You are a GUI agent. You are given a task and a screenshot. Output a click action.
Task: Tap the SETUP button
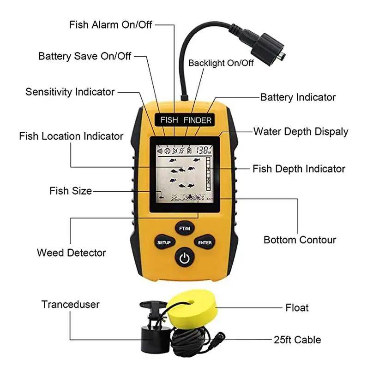point(164,242)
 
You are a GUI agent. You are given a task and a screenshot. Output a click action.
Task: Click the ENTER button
point(205,242)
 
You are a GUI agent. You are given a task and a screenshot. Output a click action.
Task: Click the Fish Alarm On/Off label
point(110,24)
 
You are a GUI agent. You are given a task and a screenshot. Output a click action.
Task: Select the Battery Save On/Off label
point(84,56)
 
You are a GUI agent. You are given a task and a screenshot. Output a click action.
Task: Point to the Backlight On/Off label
point(221,63)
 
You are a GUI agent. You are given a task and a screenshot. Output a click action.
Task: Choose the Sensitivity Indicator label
point(70,92)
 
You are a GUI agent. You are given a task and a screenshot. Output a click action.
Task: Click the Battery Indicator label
point(298,97)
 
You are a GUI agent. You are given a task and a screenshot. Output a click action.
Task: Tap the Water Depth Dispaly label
point(301,132)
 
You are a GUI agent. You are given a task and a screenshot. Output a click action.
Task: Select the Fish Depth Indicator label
point(299,169)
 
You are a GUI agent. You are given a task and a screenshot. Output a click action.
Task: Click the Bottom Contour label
point(300,240)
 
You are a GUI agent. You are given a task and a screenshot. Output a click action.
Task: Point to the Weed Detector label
point(71,253)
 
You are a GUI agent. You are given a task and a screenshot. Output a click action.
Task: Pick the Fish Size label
point(71,190)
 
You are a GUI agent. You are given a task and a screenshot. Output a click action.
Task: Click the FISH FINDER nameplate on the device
point(186,120)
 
